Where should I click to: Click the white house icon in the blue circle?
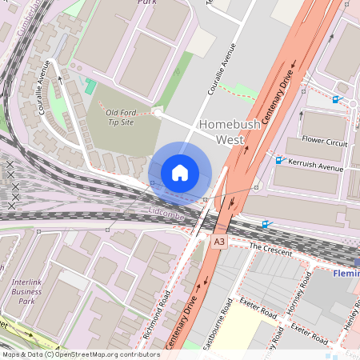point(180,173)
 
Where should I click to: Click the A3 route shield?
point(219,241)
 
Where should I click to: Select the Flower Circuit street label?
point(324,142)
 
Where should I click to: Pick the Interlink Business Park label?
point(32,292)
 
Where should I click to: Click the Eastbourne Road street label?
point(228,324)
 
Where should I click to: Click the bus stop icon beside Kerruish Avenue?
point(280,160)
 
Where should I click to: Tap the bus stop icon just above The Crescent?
point(266,226)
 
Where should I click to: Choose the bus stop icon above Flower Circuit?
point(336,100)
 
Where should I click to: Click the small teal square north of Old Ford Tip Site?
point(90,85)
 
